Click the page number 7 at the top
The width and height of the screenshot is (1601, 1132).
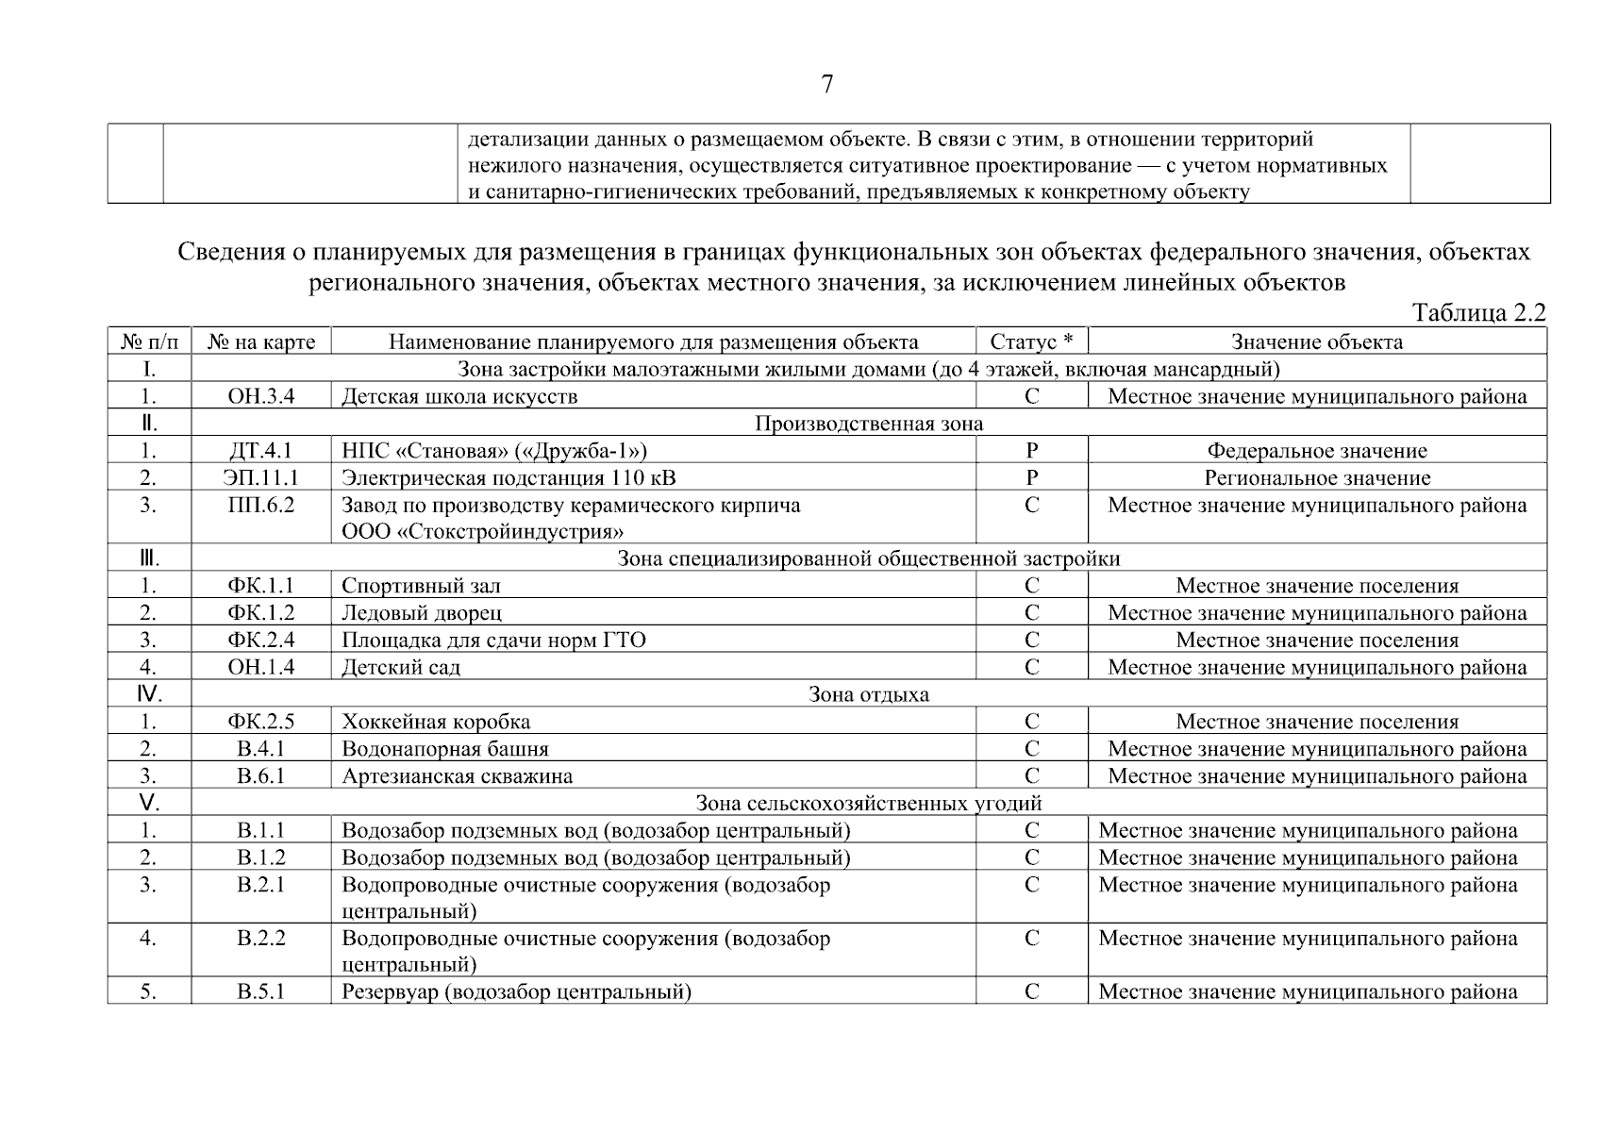coord(826,85)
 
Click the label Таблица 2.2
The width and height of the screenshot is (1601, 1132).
coord(1477,313)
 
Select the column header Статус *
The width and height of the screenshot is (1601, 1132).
coord(1031,341)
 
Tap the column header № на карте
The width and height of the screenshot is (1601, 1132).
coord(261,341)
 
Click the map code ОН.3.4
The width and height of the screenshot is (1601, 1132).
coord(261,396)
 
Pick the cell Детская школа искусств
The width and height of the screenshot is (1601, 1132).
coord(459,396)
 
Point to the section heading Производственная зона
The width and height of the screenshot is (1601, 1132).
coord(868,424)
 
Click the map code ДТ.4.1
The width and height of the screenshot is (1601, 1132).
coord(261,451)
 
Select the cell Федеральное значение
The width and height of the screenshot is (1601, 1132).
coord(1317,451)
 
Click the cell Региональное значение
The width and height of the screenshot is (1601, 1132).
coord(1317,478)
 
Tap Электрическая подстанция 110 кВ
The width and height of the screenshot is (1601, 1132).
coord(509,478)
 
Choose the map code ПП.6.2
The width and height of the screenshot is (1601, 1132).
coord(261,506)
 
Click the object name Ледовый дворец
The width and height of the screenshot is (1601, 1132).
coord(422,613)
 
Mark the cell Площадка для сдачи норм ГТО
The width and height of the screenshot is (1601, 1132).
coord(493,641)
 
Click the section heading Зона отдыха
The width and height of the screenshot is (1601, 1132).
coord(868,695)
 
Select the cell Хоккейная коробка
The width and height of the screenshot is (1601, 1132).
coord(436,723)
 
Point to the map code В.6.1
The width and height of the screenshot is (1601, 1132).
coord(261,776)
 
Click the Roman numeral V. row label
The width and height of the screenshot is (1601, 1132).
coord(149,804)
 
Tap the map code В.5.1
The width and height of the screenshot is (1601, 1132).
coord(261,992)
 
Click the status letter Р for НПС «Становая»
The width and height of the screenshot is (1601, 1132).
coord(1031,451)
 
